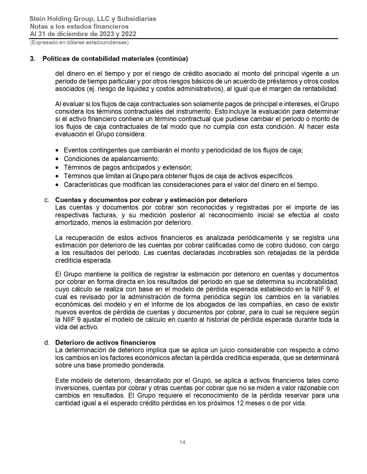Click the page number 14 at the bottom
click(182, 442)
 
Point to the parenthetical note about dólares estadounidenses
click(79, 42)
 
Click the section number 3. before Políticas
click(33, 59)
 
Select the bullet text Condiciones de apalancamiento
click(111, 159)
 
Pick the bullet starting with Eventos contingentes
click(183, 150)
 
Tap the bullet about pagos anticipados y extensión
click(128, 167)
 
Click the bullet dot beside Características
click(58, 185)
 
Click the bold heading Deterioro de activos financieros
click(105, 343)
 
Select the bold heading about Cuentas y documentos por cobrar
click(151, 200)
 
